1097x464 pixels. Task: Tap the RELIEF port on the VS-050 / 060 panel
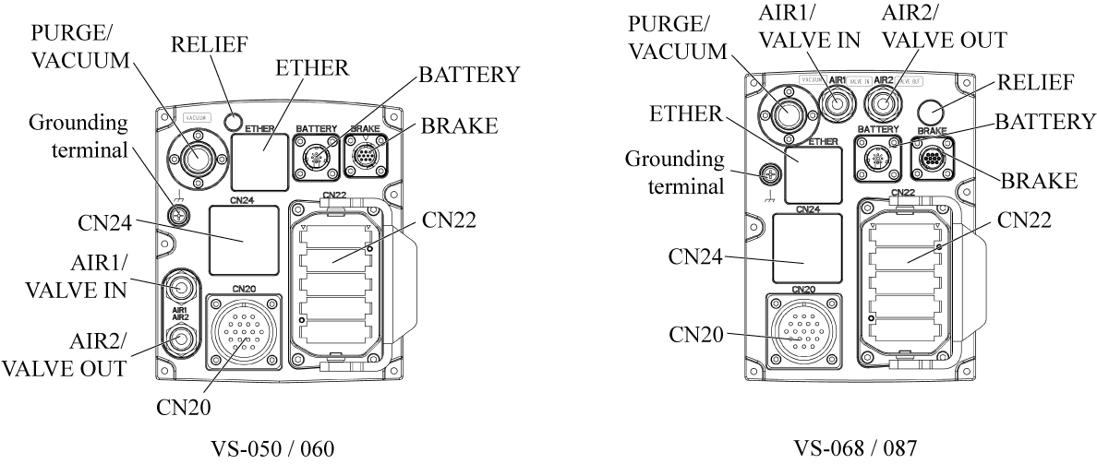[236, 121]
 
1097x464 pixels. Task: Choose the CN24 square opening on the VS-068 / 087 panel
[807, 248]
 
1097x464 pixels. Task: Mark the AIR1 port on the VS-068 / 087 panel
[838, 105]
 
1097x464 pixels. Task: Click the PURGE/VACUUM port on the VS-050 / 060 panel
[196, 158]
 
